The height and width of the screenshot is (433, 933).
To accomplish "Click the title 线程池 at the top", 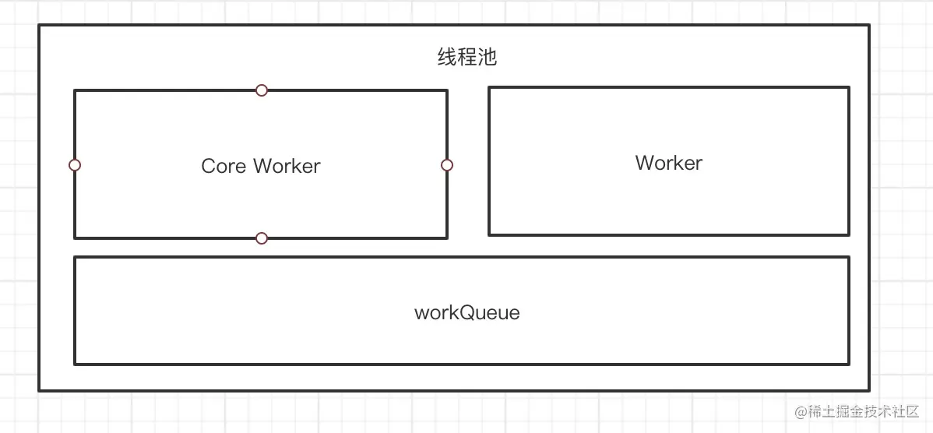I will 466,58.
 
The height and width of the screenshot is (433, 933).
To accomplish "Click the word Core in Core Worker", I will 224,166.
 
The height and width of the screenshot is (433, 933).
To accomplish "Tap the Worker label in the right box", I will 668,163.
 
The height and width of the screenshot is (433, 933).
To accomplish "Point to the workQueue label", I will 466,313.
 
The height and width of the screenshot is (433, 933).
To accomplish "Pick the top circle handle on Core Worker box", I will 262,90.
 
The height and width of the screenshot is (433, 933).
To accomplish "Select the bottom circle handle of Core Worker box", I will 262,238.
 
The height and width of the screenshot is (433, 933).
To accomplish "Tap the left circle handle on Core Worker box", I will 75,165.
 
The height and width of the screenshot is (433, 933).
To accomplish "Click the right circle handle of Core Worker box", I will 447,165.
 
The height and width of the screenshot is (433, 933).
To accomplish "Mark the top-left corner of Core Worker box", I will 75,90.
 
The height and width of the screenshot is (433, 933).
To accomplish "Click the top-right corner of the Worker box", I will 848,87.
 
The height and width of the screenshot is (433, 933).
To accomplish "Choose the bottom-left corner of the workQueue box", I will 75,363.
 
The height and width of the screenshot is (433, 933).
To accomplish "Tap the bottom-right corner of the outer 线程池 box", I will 868,390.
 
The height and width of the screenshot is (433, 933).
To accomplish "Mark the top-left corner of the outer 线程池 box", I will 40,26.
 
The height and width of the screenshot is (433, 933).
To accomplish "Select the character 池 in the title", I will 487,58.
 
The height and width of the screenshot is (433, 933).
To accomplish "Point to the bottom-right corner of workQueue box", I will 848,363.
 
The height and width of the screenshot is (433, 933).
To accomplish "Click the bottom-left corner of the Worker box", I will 489,234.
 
